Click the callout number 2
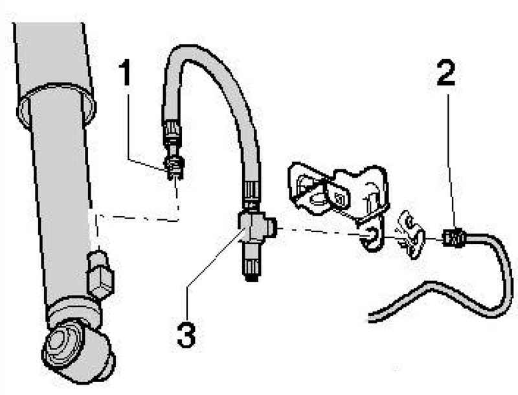pos(445,73)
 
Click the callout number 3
pos(186,335)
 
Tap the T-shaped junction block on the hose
pos(256,227)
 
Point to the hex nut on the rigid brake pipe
pos(453,237)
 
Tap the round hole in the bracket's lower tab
pos(370,235)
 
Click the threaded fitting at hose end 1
pos(174,168)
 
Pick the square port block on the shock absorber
pos(100,274)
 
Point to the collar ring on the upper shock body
pos(56,106)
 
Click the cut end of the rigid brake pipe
pos(370,317)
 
